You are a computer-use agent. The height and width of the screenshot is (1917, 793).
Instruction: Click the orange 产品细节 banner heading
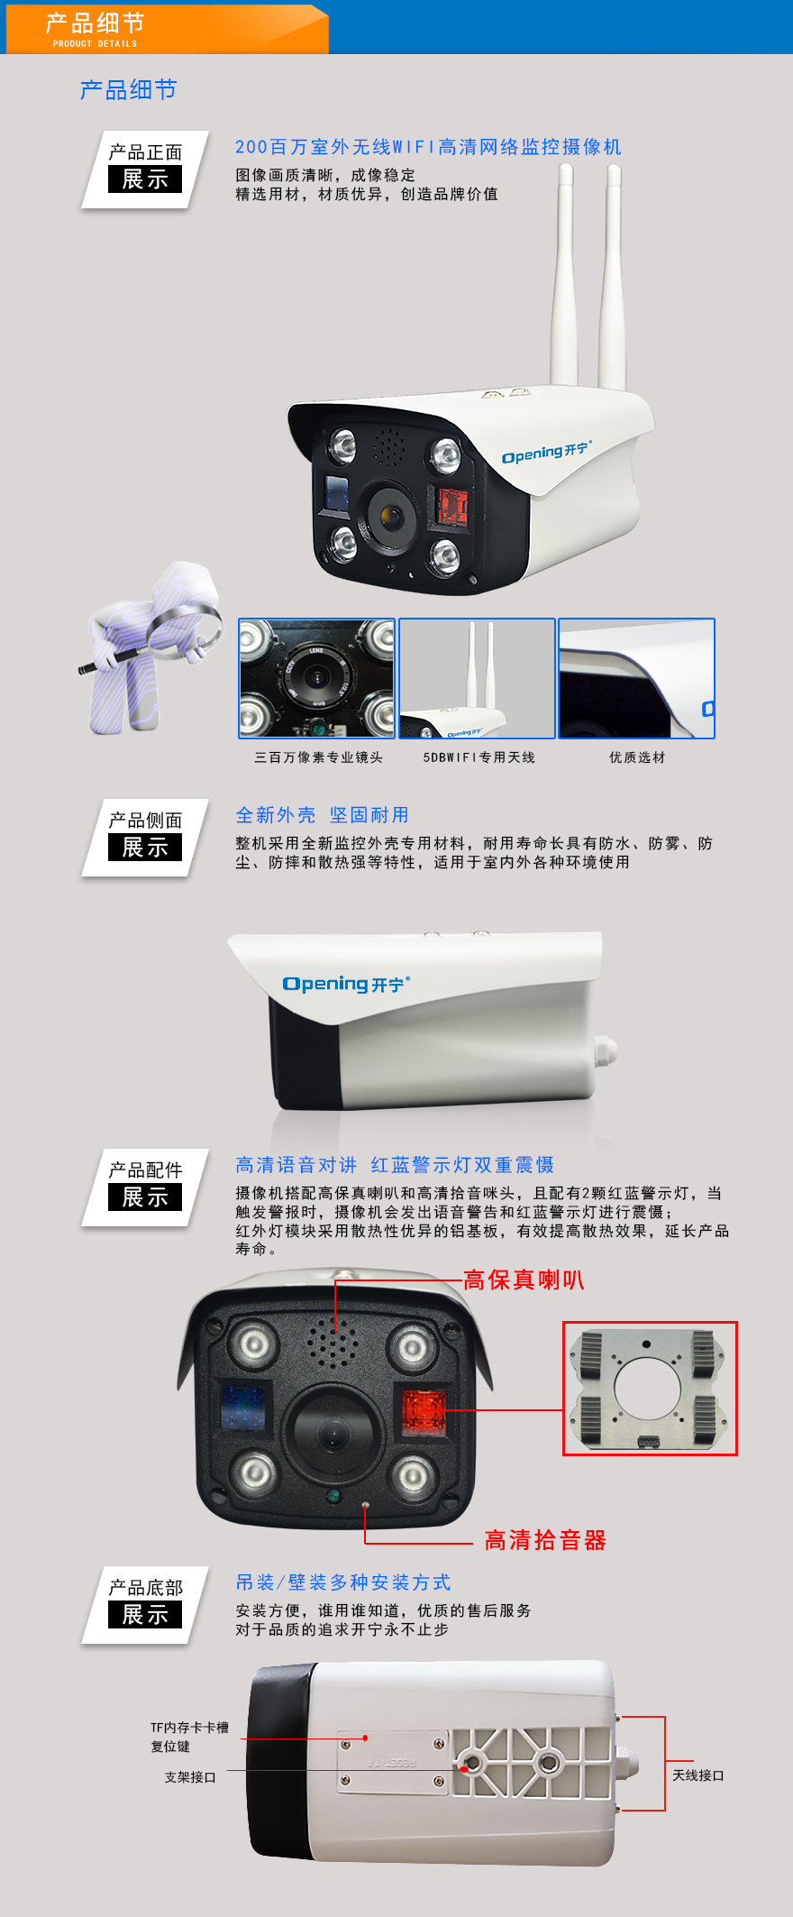(x=95, y=23)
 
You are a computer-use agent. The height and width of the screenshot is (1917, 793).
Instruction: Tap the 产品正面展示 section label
(x=145, y=168)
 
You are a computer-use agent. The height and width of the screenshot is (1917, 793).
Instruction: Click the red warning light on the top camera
(x=452, y=507)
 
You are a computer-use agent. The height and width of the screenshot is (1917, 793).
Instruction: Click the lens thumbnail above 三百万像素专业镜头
(x=316, y=678)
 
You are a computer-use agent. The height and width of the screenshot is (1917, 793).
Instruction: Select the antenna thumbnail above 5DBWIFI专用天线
(x=477, y=678)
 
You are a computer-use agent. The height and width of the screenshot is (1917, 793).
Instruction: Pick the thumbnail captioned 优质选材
(x=636, y=678)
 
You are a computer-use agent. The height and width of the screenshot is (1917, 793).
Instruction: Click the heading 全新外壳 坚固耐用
(x=322, y=815)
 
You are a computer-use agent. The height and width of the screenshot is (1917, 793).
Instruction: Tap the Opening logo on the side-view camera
(x=346, y=984)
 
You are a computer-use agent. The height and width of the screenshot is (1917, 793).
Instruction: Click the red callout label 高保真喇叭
(x=524, y=1280)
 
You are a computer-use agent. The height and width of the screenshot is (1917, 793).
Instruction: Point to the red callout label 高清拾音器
(x=545, y=1540)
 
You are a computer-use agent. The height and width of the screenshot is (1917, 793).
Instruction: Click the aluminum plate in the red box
(x=651, y=1389)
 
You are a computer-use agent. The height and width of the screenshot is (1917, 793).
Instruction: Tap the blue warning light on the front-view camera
(x=242, y=1408)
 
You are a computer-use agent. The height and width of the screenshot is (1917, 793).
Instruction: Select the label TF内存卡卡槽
(x=189, y=1728)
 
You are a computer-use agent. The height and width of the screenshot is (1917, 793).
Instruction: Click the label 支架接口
(x=190, y=1777)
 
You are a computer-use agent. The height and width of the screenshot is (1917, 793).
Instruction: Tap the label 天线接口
(x=698, y=1775)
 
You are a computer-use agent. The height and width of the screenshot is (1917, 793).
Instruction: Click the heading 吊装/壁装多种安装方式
(x=343, y=1582)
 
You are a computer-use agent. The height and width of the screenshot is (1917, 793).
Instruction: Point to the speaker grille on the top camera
(x=388, y=445)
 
